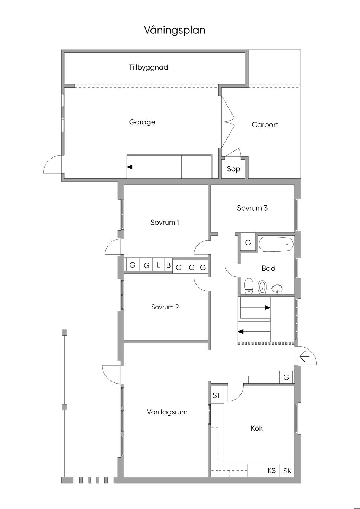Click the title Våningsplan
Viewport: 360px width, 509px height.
click(x=174, y=30)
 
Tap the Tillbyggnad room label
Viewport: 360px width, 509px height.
click(x=148, y=67)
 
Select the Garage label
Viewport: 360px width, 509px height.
click(x=142, y=122)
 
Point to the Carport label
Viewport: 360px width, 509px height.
click(x=265, y=125)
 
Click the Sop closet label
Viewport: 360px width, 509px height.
click(x=233, y=169)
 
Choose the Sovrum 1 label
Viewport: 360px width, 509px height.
click(x=165, y=222)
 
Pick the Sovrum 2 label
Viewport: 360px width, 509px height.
click(x=165, y=307)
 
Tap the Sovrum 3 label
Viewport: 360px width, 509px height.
click(x=252, y=208)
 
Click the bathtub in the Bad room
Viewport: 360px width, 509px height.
click(x=276, y=244)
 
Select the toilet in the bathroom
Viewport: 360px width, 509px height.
click(x=249, y=286)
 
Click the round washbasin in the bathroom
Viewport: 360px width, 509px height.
click(x=277, y=289)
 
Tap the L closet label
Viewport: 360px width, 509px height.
click(x=159, y=265)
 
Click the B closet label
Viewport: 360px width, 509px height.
click(x=168, y=265)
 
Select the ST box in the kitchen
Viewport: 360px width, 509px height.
click(x=217, y=395)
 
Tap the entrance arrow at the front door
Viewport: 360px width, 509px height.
click(x=304, y=357)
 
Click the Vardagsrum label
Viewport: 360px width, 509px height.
click(x=167, y=412)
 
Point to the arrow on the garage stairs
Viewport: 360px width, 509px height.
click(x=154, y=167)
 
